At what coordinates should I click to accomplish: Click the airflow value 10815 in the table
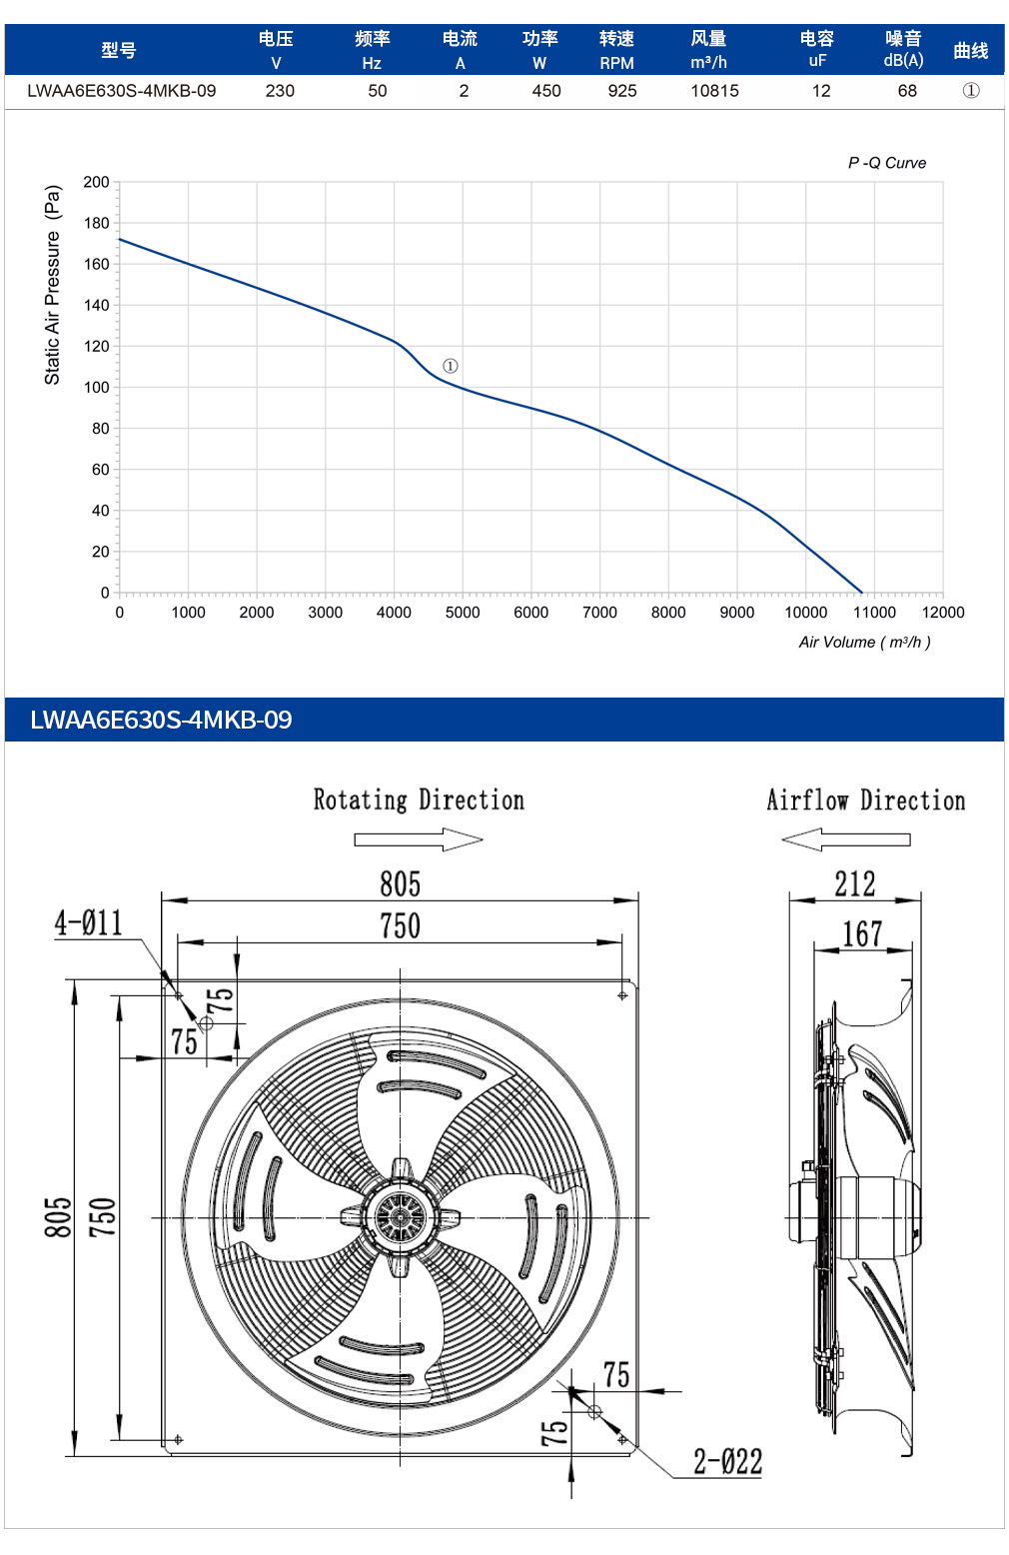click(x=714, y=91)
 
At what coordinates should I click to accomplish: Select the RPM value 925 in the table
click(x=621, y=91)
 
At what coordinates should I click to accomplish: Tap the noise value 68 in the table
click(x=907, y=91)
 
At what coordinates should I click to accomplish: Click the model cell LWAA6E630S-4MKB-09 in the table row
click(x=122, y=91)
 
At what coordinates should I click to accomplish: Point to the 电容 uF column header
click(x=817, y=49)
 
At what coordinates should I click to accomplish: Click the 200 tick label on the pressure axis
click(x=97, y=182)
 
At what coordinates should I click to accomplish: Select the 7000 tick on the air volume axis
click(x=599, y=612)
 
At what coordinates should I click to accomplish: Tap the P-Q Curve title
click(x=887, y=163)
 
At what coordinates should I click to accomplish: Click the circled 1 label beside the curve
click(x=451, y=366)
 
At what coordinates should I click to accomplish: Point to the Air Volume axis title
click(x=864, y=643)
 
